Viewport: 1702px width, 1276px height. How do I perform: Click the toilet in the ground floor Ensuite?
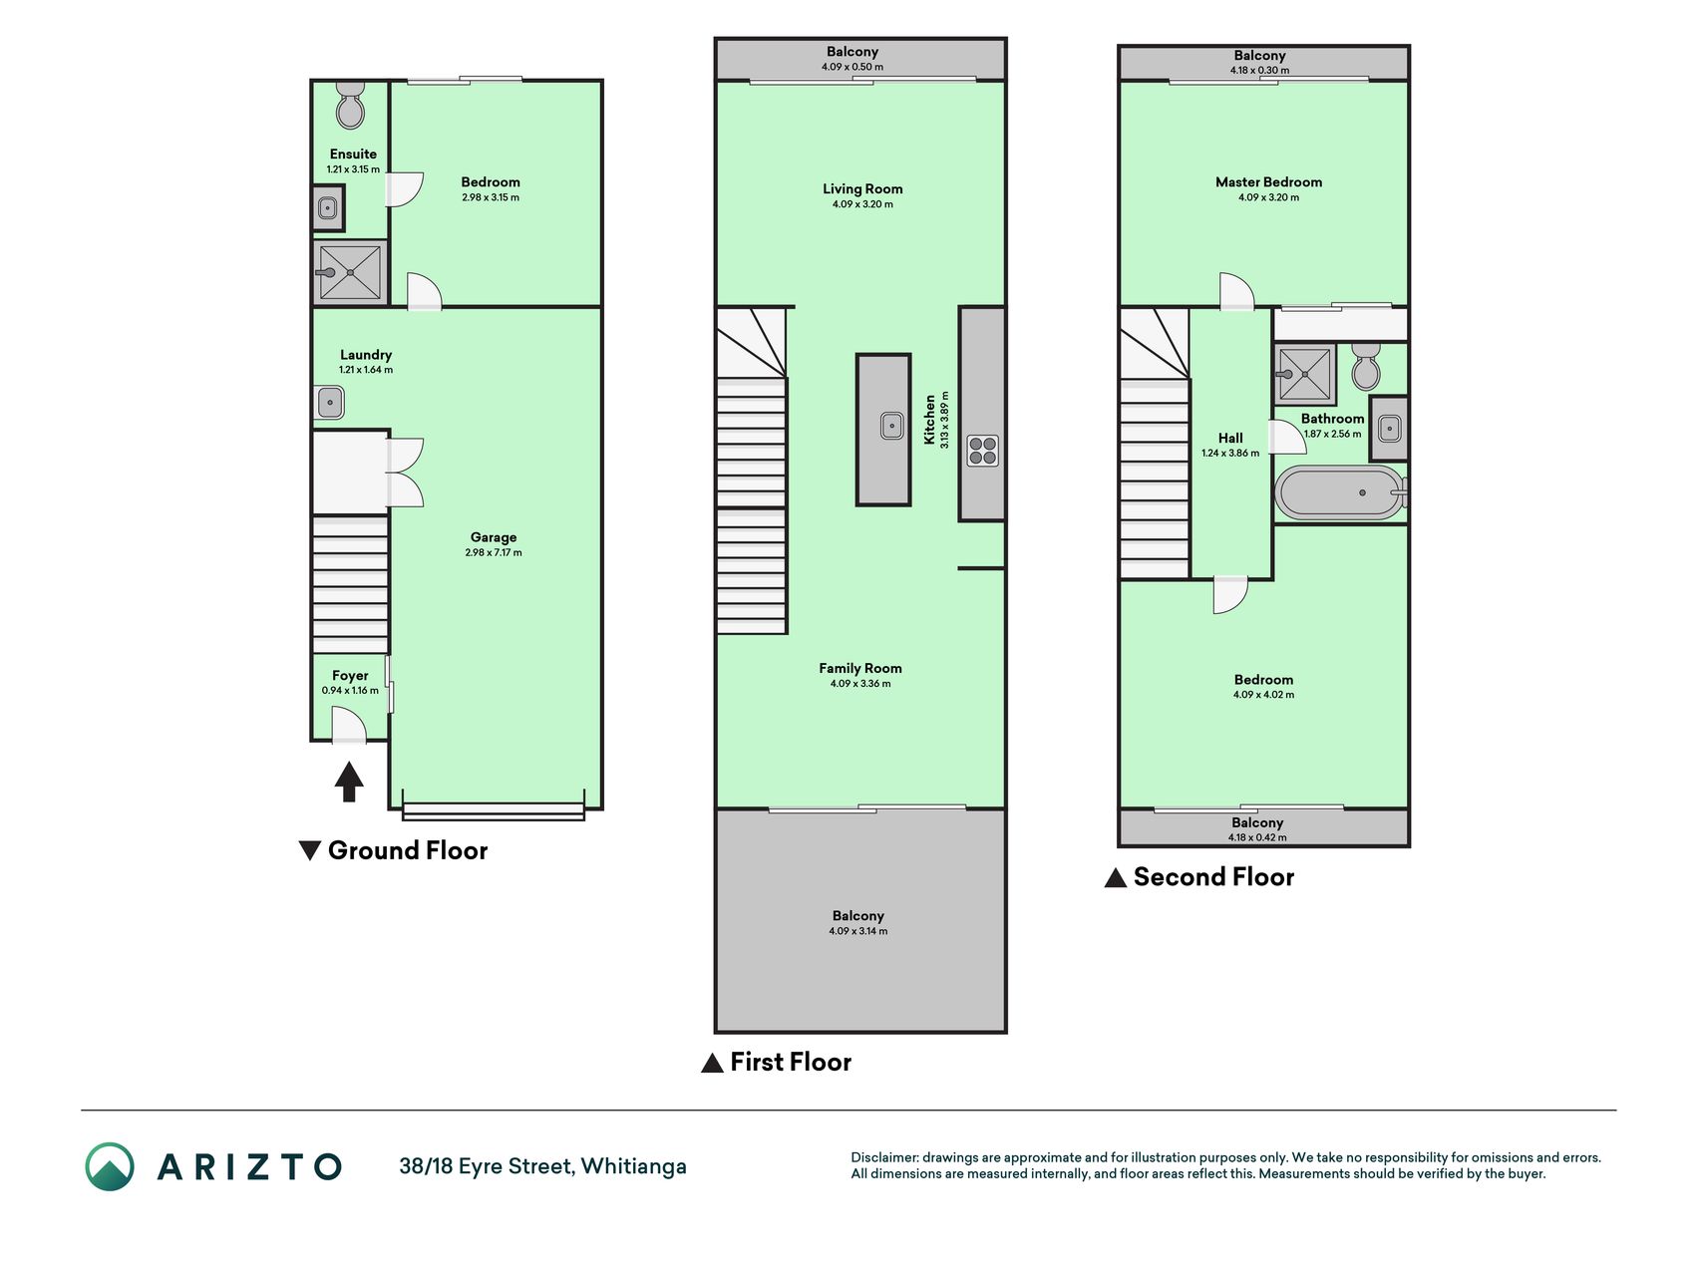350,105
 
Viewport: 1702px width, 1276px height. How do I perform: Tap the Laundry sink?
330,403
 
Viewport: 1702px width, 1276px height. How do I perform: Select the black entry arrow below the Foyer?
348,782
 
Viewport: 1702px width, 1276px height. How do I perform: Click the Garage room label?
494,537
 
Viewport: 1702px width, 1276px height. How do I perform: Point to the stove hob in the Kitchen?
982,451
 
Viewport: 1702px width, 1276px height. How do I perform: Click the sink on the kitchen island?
891,426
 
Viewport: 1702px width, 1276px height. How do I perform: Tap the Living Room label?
862,188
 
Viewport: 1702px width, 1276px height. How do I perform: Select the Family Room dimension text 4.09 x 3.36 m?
860,684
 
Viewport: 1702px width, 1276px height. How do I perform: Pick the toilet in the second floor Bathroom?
1366,367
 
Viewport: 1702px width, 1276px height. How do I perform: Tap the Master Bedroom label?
1268,182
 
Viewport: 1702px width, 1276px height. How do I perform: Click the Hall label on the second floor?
1230,438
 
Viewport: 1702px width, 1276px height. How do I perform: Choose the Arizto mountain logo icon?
110,1166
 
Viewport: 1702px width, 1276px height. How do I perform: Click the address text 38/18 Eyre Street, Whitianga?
542,1166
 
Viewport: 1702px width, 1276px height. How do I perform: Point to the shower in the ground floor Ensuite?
349,272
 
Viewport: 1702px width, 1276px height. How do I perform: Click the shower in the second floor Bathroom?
1305,374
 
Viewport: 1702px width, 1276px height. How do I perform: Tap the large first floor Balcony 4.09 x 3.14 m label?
858,922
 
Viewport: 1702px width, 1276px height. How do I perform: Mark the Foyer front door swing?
348,725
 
